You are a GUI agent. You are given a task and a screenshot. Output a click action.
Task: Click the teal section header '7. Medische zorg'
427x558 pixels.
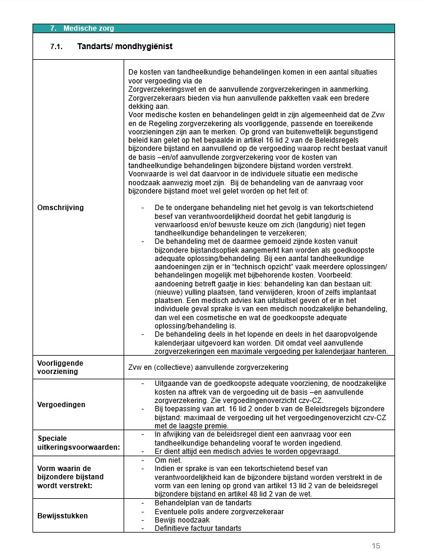82,28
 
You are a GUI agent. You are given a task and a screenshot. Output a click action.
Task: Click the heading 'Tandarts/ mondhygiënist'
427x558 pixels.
125,46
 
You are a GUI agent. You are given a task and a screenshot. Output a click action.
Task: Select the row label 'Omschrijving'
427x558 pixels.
60,208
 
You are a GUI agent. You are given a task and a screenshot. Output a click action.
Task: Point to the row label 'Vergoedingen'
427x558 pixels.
60,405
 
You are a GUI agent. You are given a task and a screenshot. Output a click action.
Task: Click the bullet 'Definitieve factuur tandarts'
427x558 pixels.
198,528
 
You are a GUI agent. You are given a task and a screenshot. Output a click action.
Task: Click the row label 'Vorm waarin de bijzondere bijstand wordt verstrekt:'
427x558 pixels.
71,477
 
